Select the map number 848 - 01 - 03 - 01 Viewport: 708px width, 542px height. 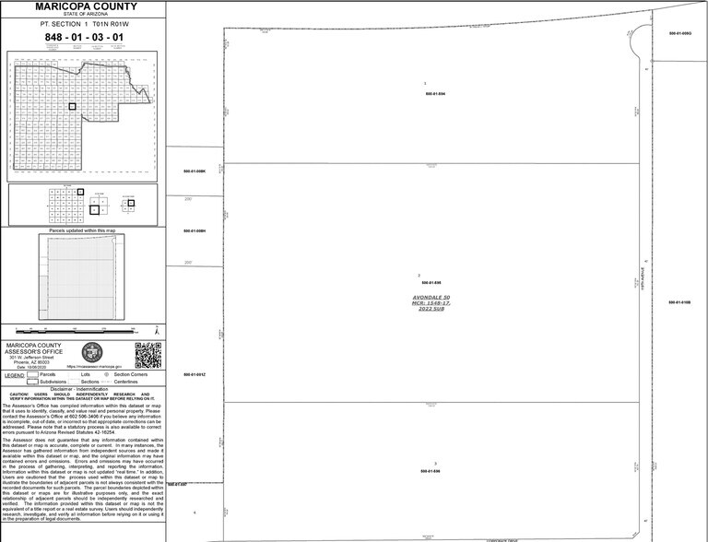pos(84,37)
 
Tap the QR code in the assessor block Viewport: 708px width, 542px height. pos(147,355)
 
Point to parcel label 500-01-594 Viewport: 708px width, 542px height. pos(435,93)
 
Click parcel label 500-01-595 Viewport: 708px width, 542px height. pos(431,282)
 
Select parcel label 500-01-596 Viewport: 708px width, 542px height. pos(431,471)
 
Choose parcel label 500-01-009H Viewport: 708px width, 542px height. pos(194,230)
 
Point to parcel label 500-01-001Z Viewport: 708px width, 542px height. pos(194,374)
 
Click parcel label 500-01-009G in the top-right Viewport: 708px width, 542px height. pos(679,33)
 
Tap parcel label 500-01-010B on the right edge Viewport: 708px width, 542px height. pos(679,301)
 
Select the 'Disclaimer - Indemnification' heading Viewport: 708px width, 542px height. pos(84,388)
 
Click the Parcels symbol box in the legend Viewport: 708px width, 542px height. pos(32,375)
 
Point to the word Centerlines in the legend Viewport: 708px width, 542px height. pos(126,382)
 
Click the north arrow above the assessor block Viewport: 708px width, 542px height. pos(158,330)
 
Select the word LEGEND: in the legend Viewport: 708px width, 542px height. pos(14,375)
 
